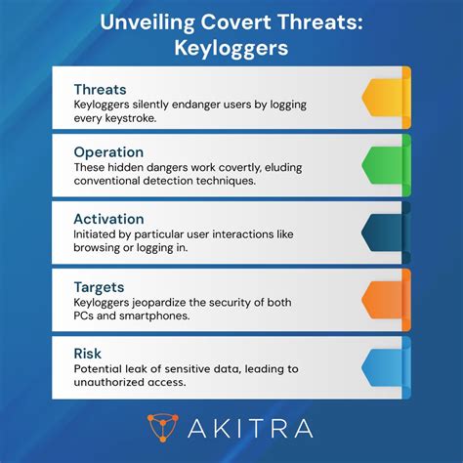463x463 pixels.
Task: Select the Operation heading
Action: tap(108, 152)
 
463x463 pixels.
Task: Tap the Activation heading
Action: tap(109, 220)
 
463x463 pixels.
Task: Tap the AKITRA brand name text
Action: tap(255, 427)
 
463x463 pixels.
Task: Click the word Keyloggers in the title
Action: tap(231, 46)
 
